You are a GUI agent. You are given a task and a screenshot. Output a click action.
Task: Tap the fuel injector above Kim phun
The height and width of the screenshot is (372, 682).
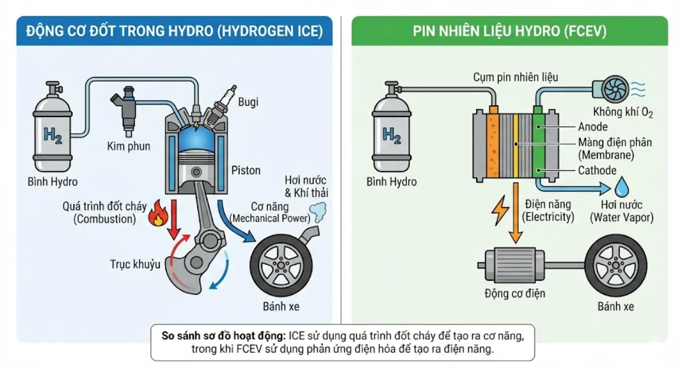click(126, 111)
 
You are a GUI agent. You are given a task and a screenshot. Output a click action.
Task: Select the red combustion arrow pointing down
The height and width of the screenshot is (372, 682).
click(174, 220)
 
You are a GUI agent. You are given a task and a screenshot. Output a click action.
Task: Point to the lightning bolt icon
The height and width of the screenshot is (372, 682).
click(500, 210)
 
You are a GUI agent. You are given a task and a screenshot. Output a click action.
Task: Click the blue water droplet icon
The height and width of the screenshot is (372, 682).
click(622, 187)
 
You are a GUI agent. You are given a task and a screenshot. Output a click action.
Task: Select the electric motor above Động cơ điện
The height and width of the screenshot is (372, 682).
click(514, 265)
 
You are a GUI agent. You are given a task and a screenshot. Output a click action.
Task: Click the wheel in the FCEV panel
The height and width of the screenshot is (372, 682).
click(616, 266)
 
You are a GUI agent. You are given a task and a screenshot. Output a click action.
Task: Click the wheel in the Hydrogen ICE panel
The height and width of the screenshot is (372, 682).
click(281, 266)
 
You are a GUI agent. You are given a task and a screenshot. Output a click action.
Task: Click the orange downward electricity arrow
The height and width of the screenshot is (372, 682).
click(515, 212)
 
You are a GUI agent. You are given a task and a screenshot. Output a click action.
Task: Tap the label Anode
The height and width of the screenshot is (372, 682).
click(593, 127)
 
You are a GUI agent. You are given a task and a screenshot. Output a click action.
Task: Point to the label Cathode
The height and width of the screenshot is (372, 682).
click(597, 170)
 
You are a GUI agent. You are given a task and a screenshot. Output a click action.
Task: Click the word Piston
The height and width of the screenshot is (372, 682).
click(246, 170)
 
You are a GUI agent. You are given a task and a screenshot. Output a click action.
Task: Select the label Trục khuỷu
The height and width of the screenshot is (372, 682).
click(135, 264)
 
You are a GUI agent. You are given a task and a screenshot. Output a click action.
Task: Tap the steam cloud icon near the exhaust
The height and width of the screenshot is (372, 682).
click(318, 212)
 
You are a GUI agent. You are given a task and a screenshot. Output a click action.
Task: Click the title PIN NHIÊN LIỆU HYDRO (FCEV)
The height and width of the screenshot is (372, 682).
click(509, 31)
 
